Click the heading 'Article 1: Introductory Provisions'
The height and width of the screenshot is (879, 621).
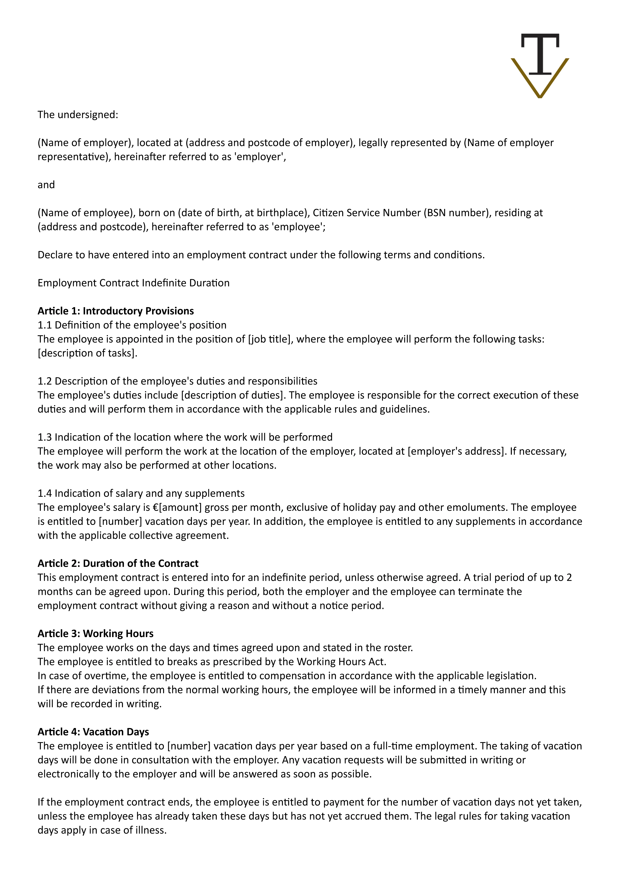tap(116, 311)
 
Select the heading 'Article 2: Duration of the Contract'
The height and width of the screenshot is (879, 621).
tap(118, 564)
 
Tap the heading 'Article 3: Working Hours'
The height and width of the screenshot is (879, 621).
tap(95, 634)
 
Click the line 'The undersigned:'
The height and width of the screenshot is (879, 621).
tap(78, 115)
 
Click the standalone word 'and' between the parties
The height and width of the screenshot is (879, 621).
tap(46, 185)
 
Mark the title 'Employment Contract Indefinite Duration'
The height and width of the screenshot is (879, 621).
tap(134, 283)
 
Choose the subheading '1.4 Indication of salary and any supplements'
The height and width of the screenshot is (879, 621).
tap(141, 493)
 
